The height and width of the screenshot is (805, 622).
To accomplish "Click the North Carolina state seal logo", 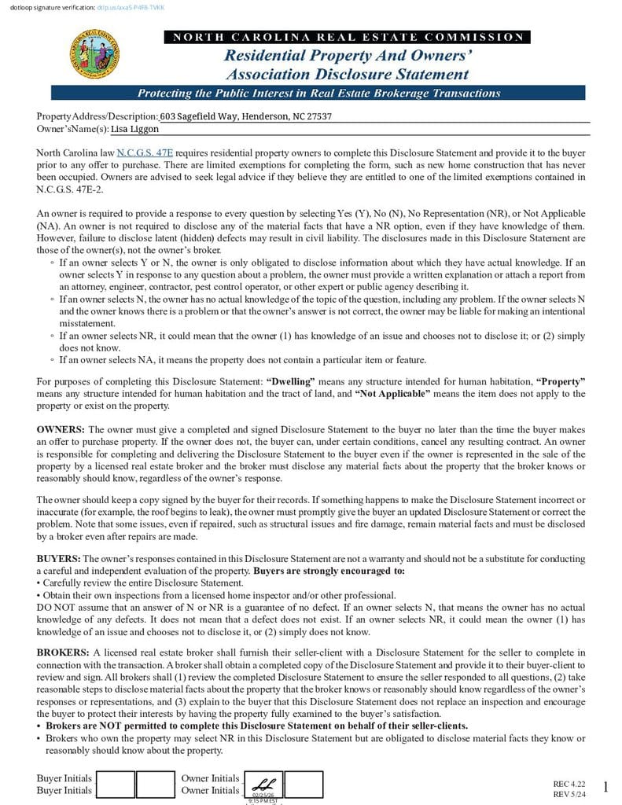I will pos(95,53).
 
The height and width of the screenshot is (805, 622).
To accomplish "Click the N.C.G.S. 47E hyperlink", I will pos(145,153).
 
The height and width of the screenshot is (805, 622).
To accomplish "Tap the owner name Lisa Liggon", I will pos(134,129).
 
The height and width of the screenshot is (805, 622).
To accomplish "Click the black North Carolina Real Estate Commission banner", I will pos(347,37).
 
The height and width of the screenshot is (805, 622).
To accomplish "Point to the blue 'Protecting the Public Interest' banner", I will pos(318,93).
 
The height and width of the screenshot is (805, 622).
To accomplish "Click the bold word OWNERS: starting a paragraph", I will pos(61,430).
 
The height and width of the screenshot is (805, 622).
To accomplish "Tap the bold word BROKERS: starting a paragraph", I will pos(63,652).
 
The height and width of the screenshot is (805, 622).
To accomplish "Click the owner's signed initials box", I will pos(264,784).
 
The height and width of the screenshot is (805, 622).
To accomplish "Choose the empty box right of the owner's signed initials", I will pos(303,784).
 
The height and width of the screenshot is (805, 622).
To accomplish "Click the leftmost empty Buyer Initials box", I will pos(115,784).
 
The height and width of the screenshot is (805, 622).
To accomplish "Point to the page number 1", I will pos(605,788).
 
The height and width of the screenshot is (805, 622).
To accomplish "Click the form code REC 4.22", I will pos(569,784).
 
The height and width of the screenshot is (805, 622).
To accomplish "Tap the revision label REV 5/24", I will pos(569,794).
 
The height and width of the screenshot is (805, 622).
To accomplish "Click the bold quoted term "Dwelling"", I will pos(291,381).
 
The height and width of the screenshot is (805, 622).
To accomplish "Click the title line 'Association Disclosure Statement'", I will pos(347,75).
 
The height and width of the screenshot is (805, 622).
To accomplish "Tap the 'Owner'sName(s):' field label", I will pos(72,129).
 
